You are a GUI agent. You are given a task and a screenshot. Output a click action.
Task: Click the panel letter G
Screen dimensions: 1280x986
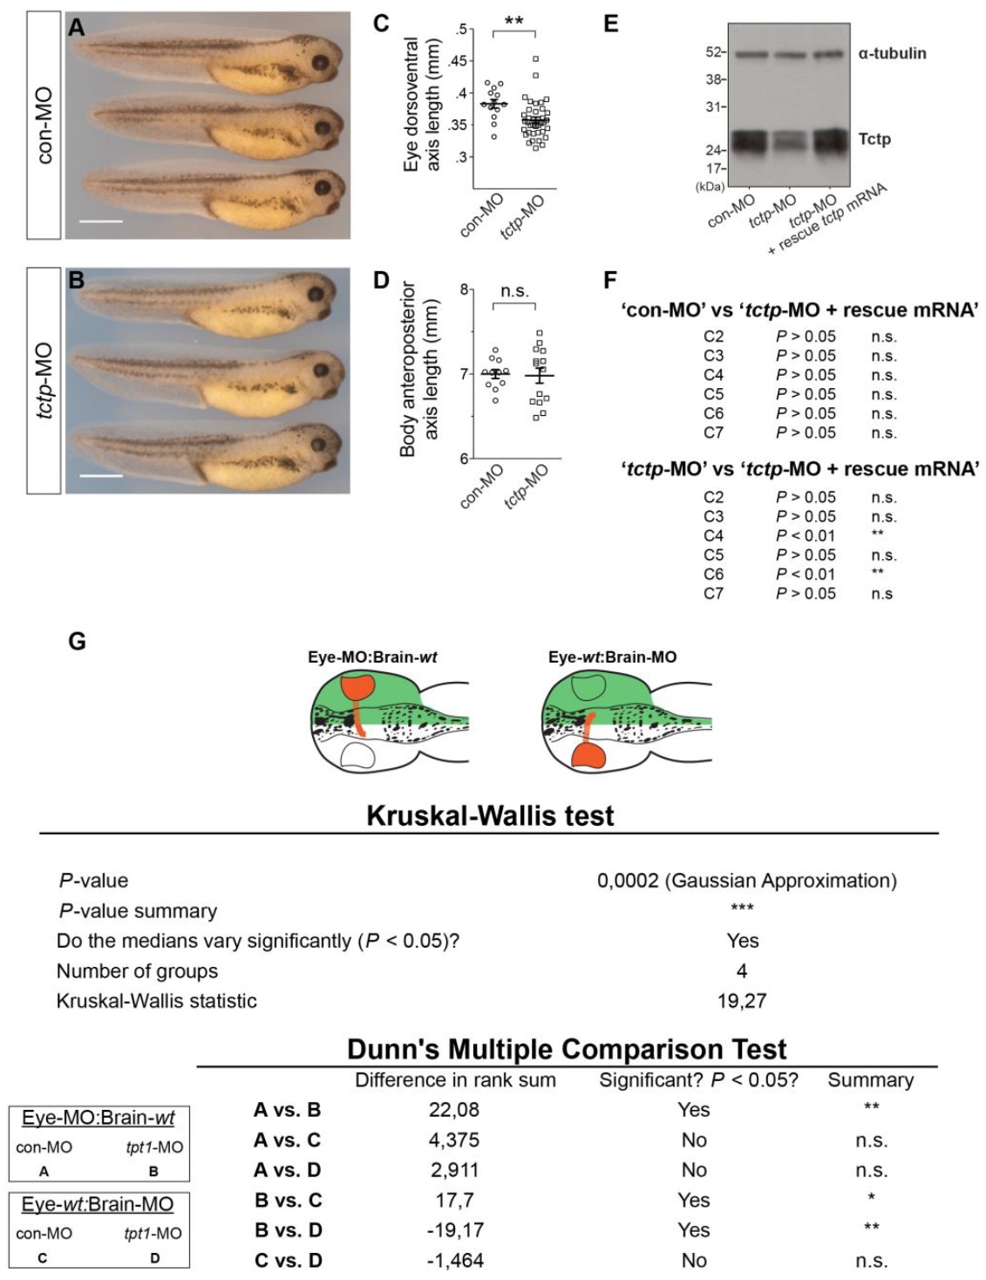click(77, 643)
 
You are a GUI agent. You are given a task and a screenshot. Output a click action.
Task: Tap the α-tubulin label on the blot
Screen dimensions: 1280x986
click(892, 53)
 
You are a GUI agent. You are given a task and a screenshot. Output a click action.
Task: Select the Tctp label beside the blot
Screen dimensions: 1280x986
click(874, 139)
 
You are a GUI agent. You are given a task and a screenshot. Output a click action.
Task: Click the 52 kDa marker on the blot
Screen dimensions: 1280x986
click(713, 52)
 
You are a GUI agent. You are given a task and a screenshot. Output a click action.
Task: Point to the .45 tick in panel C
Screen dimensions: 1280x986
click(457, 61)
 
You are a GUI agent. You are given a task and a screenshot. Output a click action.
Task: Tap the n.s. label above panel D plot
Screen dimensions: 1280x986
click(514, 291)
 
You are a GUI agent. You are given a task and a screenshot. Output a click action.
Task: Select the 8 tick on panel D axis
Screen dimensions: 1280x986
click(465, 289)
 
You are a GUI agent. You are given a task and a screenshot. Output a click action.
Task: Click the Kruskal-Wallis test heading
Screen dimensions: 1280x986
click(490, 815)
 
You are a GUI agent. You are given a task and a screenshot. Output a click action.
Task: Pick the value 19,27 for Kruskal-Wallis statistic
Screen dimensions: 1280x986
click(741, 1001)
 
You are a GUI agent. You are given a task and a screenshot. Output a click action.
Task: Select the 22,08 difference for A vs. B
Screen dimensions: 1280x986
click(454, 1110)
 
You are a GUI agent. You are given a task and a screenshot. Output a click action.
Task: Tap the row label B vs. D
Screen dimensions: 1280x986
click(288, 1230)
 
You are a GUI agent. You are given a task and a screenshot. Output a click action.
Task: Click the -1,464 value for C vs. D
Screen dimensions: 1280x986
click(454, 1260)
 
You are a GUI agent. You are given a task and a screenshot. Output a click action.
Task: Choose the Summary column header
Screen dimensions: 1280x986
click(870, 1080)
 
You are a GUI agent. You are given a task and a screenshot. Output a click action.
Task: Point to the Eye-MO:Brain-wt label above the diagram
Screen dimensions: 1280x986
click(372, 657)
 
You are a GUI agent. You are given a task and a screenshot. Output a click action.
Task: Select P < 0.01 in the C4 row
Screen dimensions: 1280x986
click(806, 535)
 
